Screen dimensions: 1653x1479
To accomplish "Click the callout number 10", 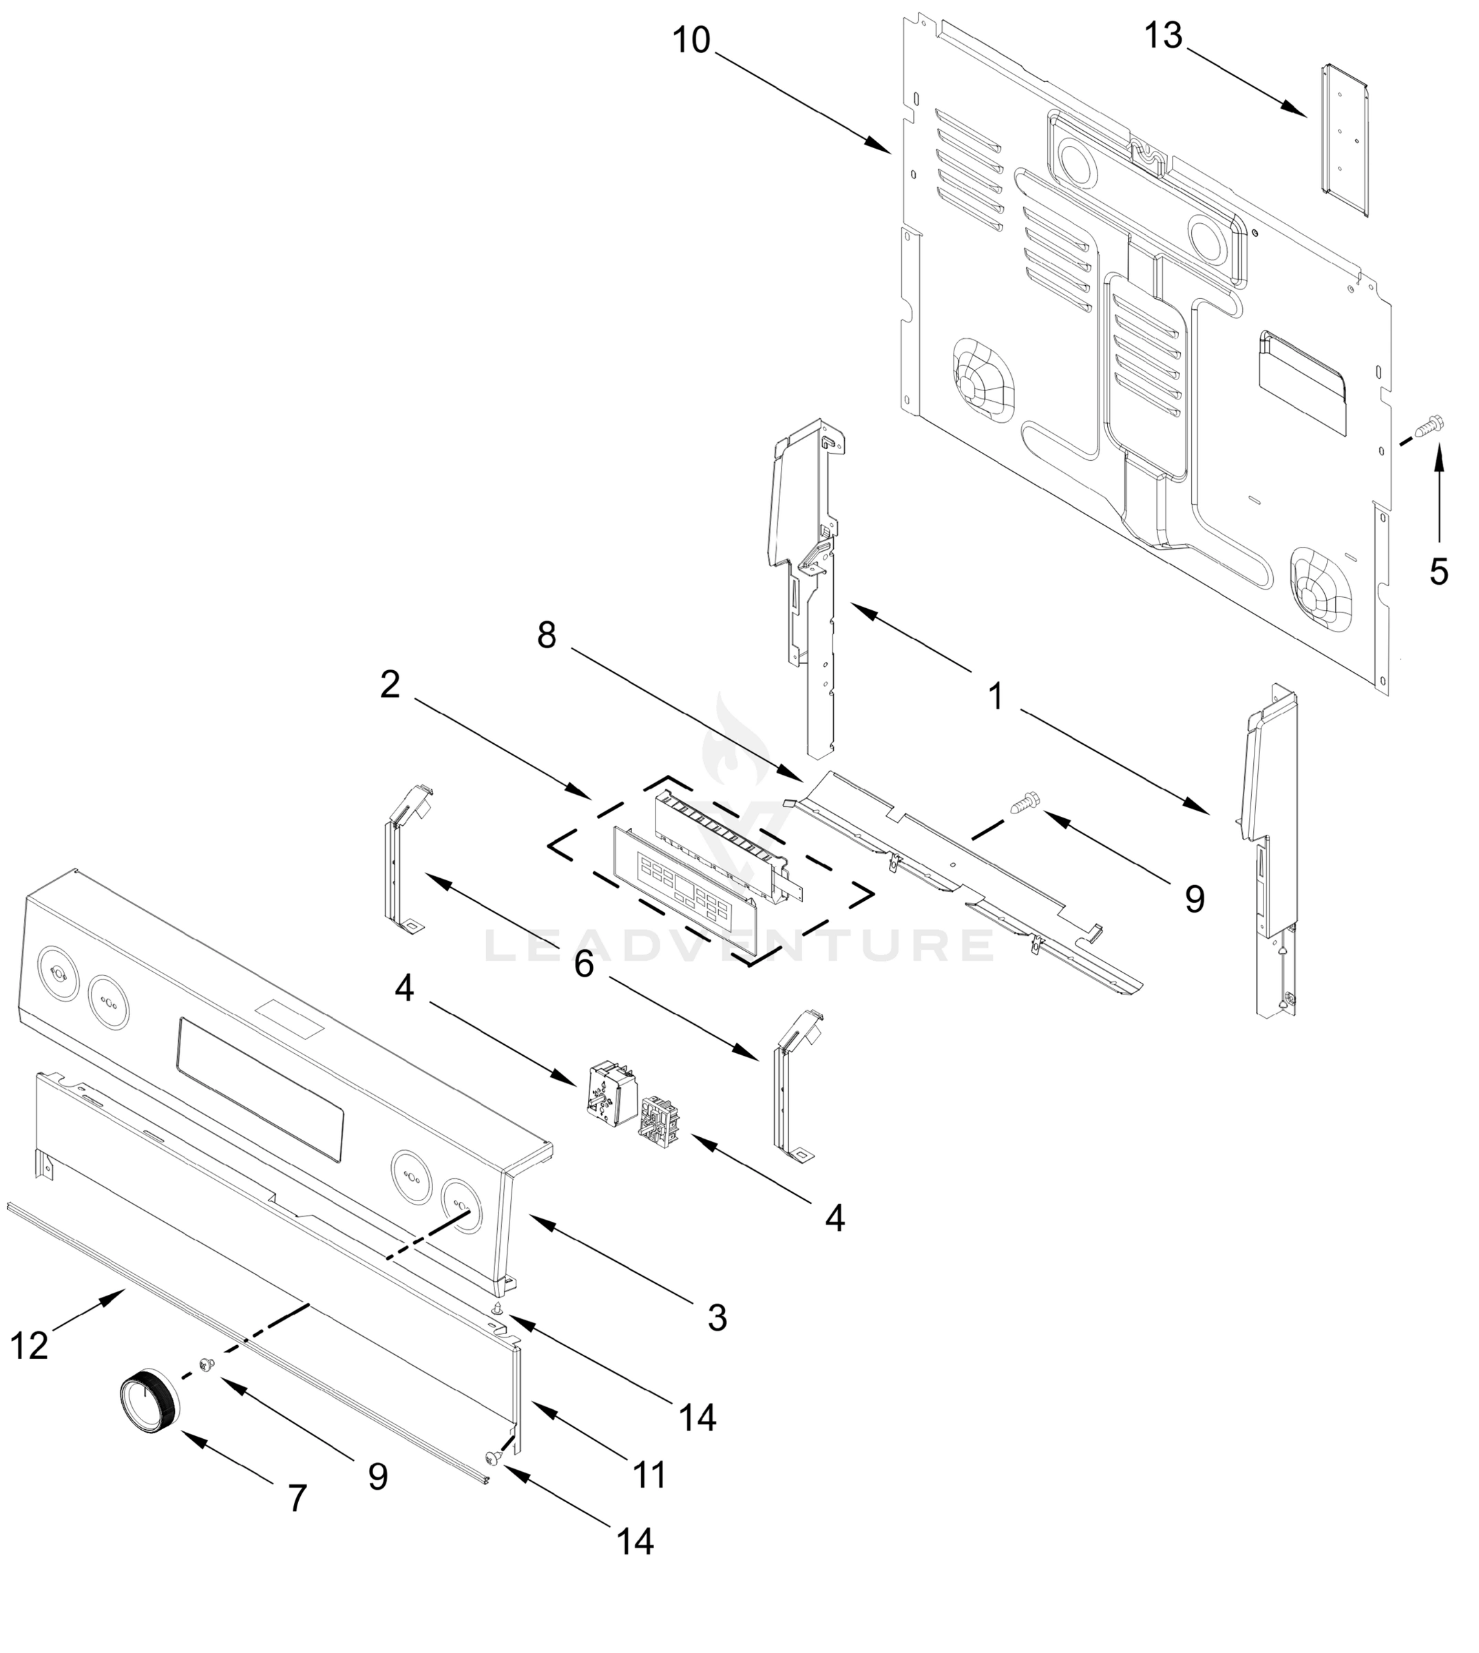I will pyautogui.click(x=691, y=40).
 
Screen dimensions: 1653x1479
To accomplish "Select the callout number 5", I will pyautogui.click(x=1438, y=572).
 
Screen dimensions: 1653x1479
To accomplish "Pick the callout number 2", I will pyautogui.click(x=390, y=685).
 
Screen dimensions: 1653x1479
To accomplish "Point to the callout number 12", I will pyautogui.click(x=29, y=1346).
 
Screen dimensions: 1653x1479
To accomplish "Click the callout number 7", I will pyautogui.click(x=297, y=1498).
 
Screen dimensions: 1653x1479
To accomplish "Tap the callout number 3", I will pyautogui.click(x=716, y=1318).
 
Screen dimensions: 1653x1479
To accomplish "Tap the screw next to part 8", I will pyautogui.click(x=1019, y=804).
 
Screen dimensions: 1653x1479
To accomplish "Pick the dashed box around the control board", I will pyautogui.click(x=711, y=870).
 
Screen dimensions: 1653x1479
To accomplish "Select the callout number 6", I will pyautogui.click(x=583, y=965).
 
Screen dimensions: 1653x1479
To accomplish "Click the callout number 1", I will pyautogui.click(x=996, y=696).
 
